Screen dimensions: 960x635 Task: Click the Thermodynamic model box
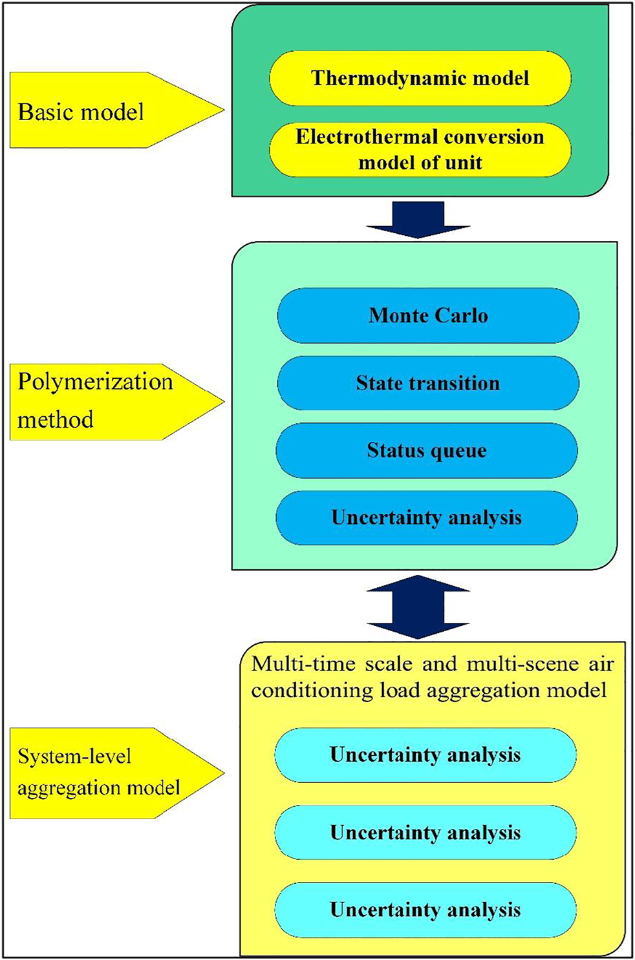pos(420,78)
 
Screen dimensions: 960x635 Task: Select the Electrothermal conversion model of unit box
pos(420,150)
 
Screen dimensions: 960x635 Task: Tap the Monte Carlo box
pos(427,315)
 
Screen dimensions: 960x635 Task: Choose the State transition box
pos(427,383)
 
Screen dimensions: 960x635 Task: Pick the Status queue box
pos(426,450)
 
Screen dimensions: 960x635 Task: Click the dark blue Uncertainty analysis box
pos(426,517)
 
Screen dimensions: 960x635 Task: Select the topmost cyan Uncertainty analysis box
pos(425,755)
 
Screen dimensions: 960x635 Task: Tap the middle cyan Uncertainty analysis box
pos(425,832)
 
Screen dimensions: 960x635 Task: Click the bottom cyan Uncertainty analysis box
pos(425,910)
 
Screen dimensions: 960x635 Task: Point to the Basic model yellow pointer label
pos(97,111)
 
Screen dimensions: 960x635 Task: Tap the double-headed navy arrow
pos(418,607)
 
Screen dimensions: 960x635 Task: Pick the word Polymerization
pos(95,381)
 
